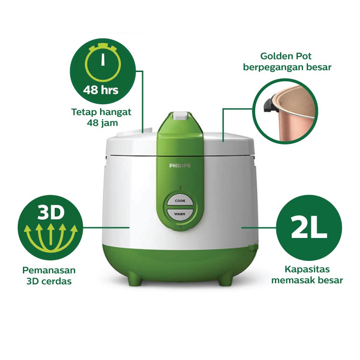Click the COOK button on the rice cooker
180,201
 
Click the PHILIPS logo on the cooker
180,165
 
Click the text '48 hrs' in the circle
101,90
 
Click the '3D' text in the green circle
50,213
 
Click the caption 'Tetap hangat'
101,112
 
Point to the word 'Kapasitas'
307,270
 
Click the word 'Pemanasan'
49,271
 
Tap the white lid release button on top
180,115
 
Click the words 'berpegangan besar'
287,68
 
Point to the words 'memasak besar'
307,281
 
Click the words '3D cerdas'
49,281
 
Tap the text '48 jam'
102,123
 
